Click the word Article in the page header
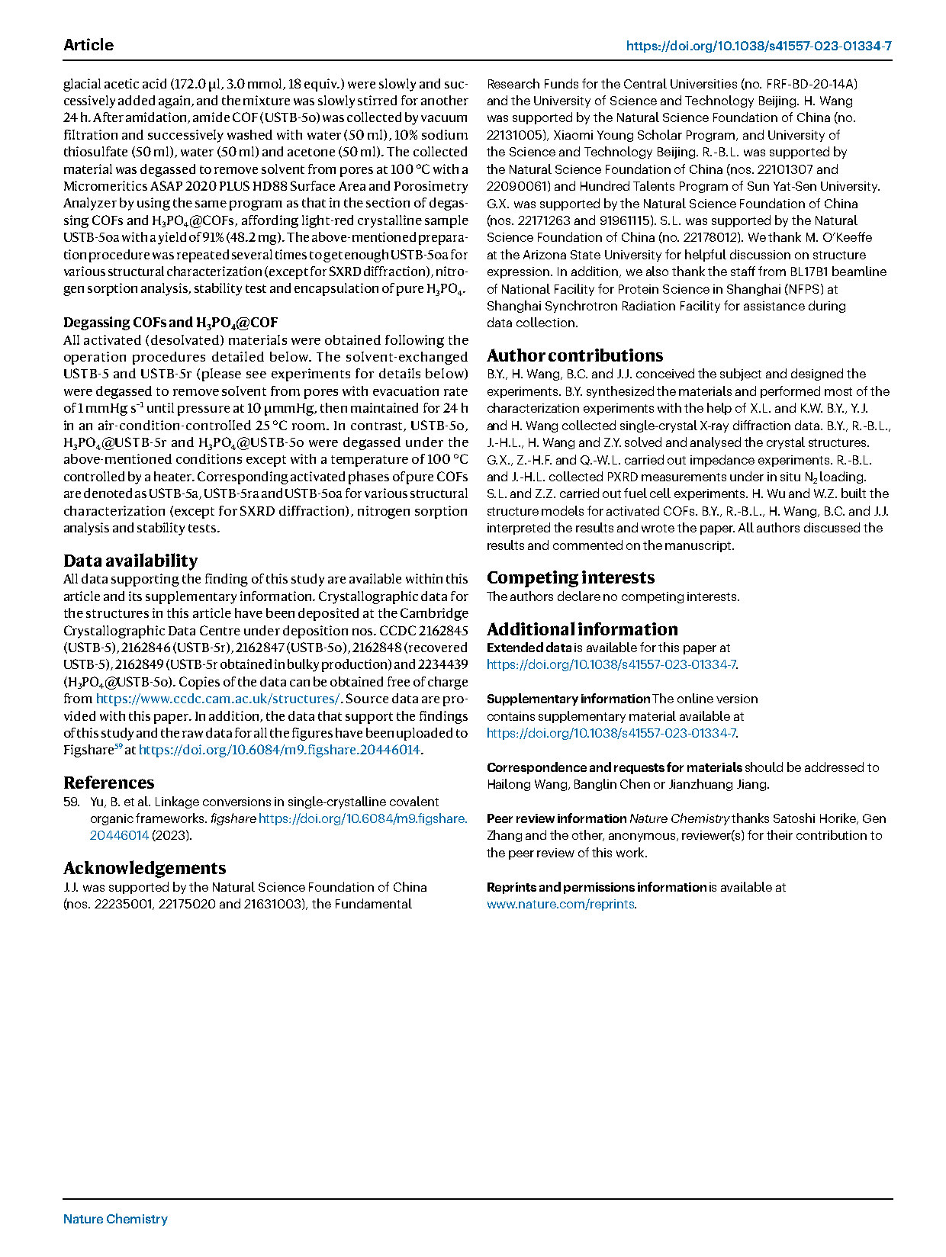(x=88, y=45)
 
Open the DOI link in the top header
(x=758, y=46)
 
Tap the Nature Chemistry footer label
(x=115, y=1219)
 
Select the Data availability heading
(x=130, y=561)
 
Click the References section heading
(x=109, y=783)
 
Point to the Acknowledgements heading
(x=145, y=868)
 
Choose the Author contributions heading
(x=575, y=355)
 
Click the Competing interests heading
(x=571, y=577)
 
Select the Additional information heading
(x=582, y=629)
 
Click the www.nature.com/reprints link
(x=561, y=904)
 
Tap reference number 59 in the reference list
(x=71, y=802)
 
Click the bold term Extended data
(x=529, y=648)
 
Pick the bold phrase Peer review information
(x=556, y=818)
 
